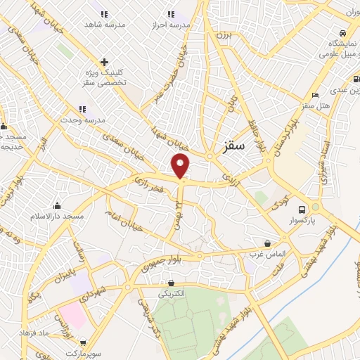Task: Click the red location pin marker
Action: [181, 167]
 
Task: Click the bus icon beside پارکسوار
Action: [302, 210]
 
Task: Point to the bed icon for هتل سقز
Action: [316, 95]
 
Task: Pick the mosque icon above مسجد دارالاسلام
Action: [56, 205]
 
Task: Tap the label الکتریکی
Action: [173, 293]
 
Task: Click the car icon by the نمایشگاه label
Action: [342, 33]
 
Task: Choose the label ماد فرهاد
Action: [53, 332]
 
